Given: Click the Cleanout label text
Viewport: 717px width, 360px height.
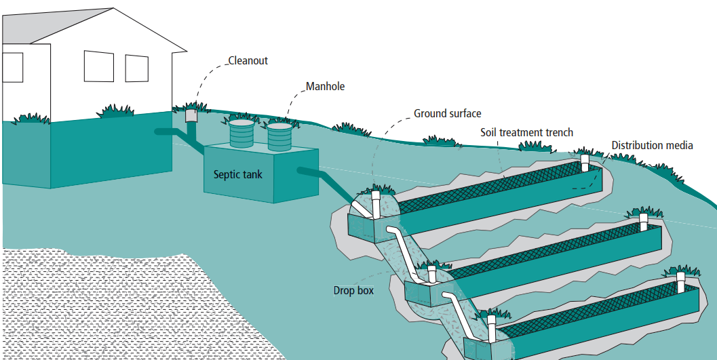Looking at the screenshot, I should click(248, 61).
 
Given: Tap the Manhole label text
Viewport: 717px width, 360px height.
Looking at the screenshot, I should click(325, 87).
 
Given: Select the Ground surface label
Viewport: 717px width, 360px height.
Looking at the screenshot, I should click(447, 113).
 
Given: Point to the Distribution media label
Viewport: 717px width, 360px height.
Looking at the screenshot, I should click(652, 145).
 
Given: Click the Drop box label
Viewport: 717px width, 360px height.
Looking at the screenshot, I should click(353, 290).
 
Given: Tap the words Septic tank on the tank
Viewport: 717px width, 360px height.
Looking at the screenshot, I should click(237, 174).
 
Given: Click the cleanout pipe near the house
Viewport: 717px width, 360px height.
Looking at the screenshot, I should click(191, 116).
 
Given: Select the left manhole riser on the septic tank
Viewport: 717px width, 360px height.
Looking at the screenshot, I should click(242, 134).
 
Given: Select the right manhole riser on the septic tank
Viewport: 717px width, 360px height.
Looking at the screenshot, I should click(279, 137).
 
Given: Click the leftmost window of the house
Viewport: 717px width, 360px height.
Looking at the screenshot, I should click(12, 67).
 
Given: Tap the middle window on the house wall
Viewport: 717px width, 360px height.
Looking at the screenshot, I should click(98, 66).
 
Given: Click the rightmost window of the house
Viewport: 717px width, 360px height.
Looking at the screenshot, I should click(136, 68).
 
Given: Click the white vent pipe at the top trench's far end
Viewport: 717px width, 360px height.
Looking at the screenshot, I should click(585, 163).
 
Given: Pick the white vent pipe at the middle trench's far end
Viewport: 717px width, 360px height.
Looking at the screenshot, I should click(644, 221).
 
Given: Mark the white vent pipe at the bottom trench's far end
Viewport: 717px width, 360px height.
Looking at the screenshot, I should click(682, 280).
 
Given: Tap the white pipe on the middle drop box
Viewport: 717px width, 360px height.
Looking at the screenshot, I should click(431, 275).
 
